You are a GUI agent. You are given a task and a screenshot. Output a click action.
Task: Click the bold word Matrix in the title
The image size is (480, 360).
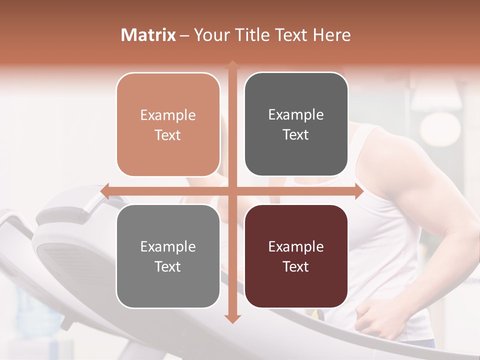point(148,35)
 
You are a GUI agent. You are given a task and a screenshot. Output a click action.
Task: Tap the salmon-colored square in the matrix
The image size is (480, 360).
point(168,124)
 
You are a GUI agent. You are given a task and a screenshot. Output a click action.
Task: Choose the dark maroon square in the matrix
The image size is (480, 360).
point(296,256)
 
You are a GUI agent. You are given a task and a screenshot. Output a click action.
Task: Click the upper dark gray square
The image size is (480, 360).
point(296,124)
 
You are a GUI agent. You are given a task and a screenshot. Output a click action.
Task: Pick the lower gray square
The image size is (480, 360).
point(168,256)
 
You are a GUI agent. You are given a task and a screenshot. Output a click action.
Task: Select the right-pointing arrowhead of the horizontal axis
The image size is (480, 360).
point(359,191)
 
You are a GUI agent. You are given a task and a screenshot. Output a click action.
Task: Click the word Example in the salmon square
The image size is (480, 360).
point(168,115)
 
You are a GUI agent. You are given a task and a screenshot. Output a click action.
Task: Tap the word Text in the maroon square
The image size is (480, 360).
point(296,266)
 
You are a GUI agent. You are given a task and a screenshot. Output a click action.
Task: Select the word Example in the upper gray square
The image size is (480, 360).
point(296,115)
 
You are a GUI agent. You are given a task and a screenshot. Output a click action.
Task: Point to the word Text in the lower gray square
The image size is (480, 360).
point(168,266)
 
